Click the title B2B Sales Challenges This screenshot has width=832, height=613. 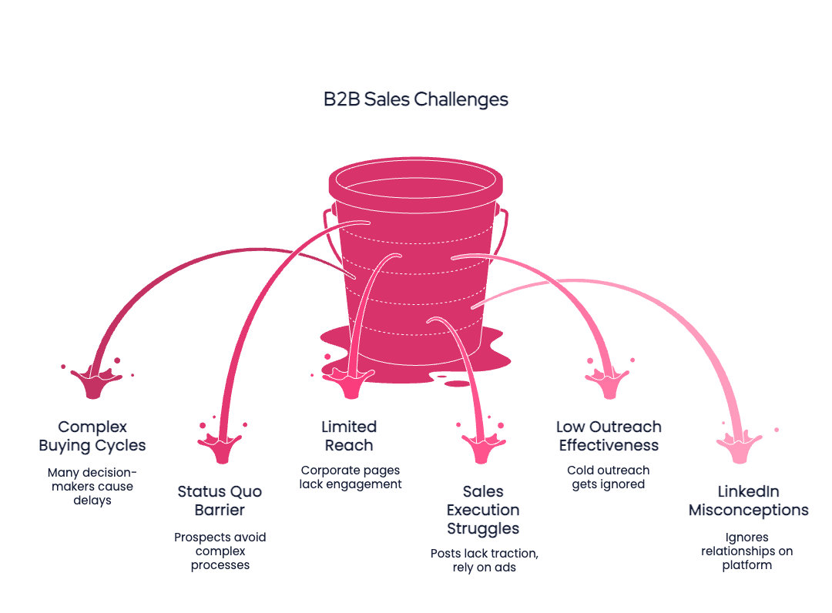(x=415, y=99)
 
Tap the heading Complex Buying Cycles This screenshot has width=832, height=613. (x=92, y=436)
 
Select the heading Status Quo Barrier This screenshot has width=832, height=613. (x=220, y=501)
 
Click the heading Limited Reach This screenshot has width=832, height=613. (x=349, y=436)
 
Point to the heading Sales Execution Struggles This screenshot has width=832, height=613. (x=483, y=510)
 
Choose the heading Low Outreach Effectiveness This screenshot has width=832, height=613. (x=609, y=436)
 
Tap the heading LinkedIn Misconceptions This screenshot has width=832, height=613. (x=748, y=501)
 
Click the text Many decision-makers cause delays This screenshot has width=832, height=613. (x=90, y=487)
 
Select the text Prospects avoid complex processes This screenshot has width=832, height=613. (x=220, y=551)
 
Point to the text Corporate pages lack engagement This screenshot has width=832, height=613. (x=351, y=477)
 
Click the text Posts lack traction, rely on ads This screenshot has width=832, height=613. (x=484, y=560)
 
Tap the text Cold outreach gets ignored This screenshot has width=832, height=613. (x=608, y=477)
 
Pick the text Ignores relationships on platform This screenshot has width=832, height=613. (x=746, y=551)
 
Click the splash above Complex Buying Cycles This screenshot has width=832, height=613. (x=92, y=380)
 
